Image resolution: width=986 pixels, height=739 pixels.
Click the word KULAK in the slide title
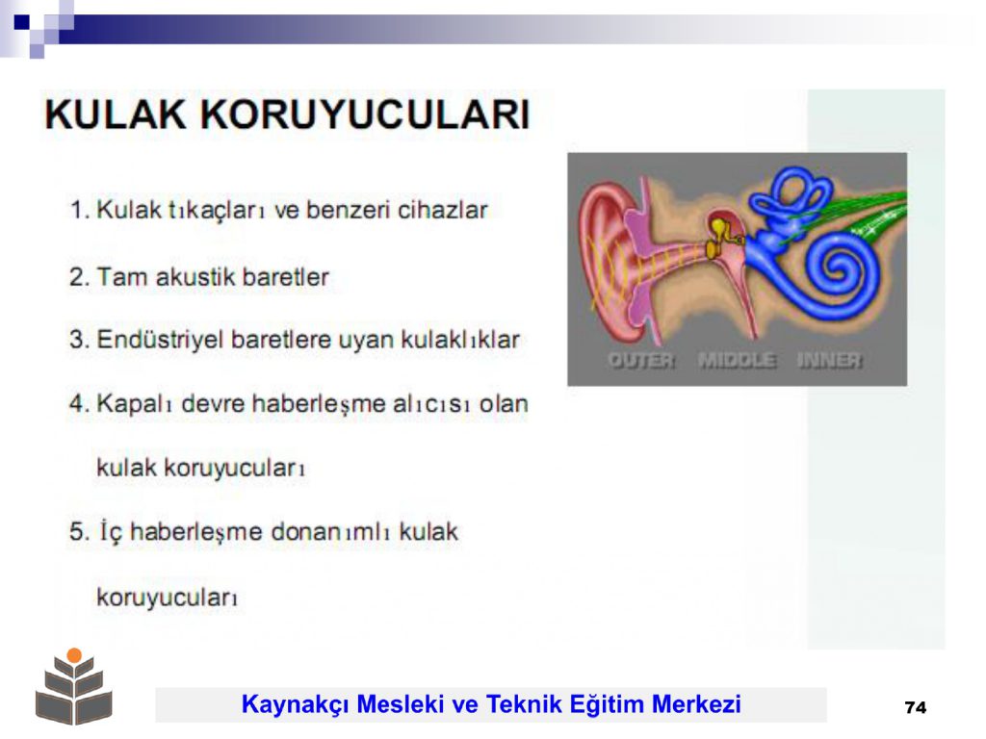pyautogui.click(x=116, y=115)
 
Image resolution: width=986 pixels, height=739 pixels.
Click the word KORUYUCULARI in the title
pyautogui.click(x=365, y=115)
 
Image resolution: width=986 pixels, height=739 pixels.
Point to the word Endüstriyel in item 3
pyautogui.click(x=161, y=340)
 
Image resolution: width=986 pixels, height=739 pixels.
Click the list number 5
pyautogui.click(x=79, y=532)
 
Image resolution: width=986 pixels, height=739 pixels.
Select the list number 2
pyautogui.click(x=79, y=277)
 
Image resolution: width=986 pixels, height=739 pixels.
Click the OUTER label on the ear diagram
pyautogui.click(x=641, y=360)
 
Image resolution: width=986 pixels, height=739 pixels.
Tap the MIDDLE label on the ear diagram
pyautogui.click(x=737, y=360)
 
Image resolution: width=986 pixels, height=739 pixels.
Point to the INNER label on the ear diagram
pyautogui.click(x=830, y=360)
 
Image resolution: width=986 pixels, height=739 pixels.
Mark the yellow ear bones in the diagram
pyautogui.click(x=720, y=236)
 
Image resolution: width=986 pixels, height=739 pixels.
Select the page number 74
pyautogui.click(x=916, y=707)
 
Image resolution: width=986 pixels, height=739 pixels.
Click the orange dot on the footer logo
pyautogui.click(x=74, y=655)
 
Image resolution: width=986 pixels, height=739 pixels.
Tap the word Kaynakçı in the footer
pyautogui.click(x=295, y=704)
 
